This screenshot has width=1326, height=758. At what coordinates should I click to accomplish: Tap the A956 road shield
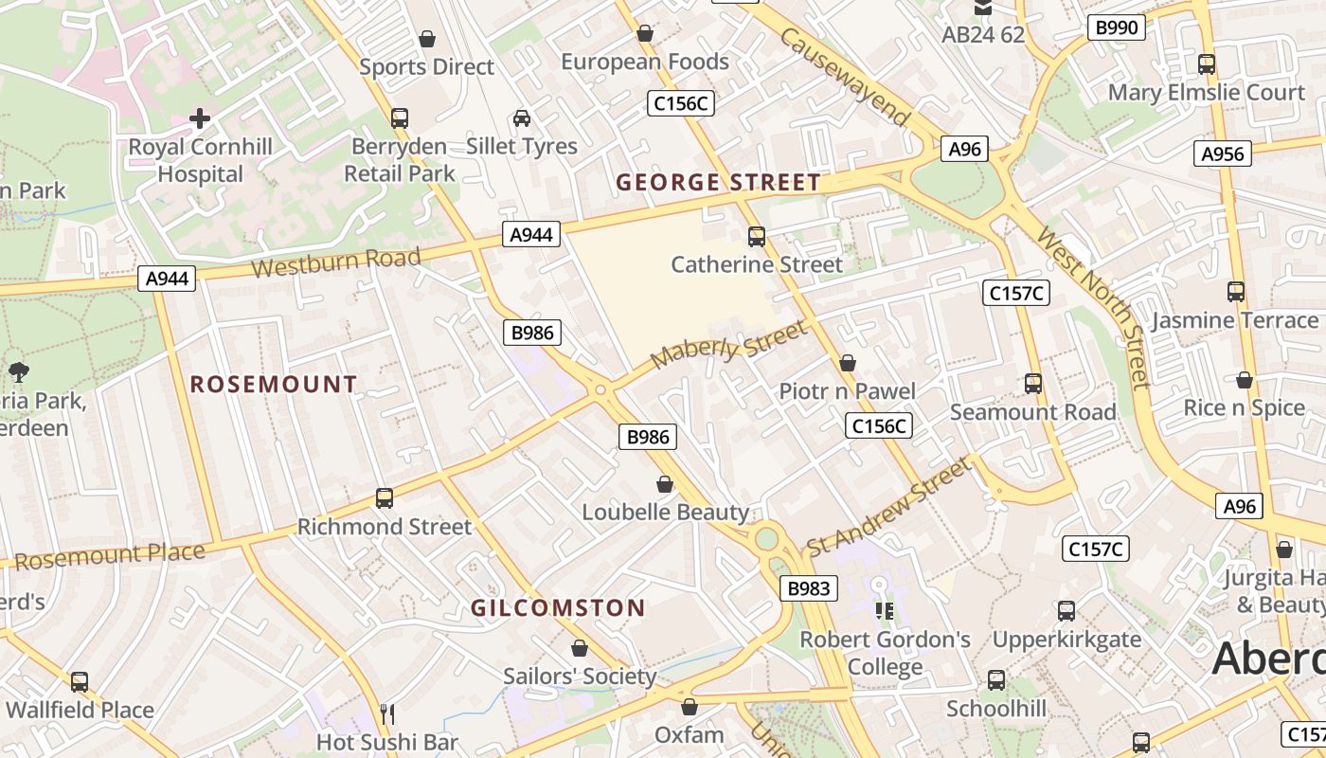point(1222,153)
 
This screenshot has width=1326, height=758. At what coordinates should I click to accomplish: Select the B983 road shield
point(809,588)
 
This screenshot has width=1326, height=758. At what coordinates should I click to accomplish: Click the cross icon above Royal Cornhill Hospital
point(200,118)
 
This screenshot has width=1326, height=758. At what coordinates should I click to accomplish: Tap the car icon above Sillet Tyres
point(521,118)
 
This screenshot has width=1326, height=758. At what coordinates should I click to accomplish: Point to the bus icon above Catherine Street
point(756,236)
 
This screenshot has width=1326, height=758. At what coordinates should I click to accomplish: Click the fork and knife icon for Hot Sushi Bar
point(386,713)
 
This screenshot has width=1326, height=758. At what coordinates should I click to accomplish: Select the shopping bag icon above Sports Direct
point(427,39)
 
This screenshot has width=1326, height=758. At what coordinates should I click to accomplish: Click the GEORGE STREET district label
point(718,183)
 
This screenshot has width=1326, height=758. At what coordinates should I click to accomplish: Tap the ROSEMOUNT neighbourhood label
point(274,384)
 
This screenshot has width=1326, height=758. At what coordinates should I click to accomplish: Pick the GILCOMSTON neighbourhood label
point(558,608)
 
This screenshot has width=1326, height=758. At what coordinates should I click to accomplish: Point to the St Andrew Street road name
point(888,508)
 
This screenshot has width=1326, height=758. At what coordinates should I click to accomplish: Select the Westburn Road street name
point(336,262)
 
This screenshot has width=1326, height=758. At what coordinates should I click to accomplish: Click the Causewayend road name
point(845,77)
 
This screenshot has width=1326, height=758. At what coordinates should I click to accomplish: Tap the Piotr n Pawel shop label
point(847,391)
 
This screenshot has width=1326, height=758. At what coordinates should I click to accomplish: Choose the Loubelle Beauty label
point(665,513)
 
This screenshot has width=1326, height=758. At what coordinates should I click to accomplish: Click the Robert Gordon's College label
point(885,653)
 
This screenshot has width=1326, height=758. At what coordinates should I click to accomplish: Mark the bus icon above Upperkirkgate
point(1066,611)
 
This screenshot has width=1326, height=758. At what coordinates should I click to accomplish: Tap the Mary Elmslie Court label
point(1206,92)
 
